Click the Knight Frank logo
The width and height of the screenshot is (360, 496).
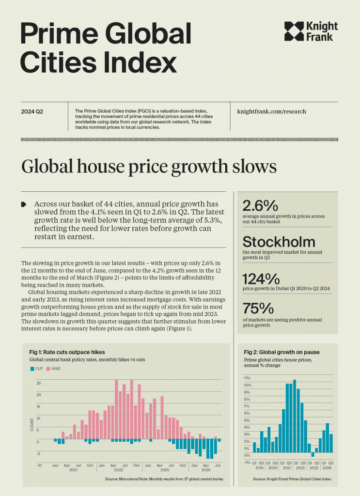311,31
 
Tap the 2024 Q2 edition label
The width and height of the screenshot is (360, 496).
32,112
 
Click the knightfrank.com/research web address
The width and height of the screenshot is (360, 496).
271,111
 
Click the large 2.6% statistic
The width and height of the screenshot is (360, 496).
260,206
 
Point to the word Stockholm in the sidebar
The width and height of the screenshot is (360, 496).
279,242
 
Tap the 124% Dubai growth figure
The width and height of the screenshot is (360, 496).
261,279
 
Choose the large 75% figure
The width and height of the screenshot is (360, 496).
258,309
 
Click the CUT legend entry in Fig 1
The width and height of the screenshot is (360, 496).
37,369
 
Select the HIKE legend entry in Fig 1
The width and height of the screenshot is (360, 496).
53,369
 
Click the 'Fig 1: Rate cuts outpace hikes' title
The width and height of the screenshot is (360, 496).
67,352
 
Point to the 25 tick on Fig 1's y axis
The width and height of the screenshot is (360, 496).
39,383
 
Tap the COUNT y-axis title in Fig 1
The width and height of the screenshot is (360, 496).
31,424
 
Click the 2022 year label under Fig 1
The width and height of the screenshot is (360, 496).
119,470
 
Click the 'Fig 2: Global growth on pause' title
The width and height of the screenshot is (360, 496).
282,352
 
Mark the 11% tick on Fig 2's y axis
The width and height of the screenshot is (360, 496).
247,378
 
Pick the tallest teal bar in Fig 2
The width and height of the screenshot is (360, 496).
295,416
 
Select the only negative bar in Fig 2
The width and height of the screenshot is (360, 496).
313,454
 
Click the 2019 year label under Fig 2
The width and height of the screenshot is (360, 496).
259,468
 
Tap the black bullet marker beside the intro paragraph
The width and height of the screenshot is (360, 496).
24,204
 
